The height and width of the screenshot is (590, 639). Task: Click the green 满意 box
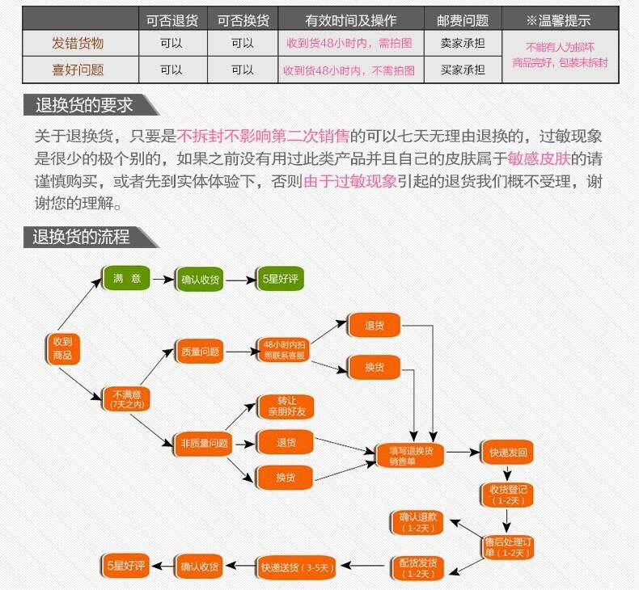click(126, 279)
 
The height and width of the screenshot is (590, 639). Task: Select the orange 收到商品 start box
click(62, 348)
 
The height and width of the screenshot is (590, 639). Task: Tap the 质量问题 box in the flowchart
click(199, 352)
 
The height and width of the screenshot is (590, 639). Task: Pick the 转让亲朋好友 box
click(284, 407)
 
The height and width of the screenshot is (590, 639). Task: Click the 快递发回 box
click(508, 453)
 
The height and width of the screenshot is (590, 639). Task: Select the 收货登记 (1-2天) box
click(508, 495)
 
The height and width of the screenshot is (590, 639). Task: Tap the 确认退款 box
click(418, 522)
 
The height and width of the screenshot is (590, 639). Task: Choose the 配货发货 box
click(418, 568)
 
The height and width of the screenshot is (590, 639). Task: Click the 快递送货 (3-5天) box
click(296, 567)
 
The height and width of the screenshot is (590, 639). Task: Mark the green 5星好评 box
click(280, 279)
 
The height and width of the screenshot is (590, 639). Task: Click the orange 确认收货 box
click(199, 567)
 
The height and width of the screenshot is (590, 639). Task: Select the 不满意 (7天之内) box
click(126, 398)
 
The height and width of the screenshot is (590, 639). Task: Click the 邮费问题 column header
click(463, 20)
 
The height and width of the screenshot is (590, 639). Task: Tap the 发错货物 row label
click(78, 44)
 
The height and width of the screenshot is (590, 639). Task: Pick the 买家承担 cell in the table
click(463, 70)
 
